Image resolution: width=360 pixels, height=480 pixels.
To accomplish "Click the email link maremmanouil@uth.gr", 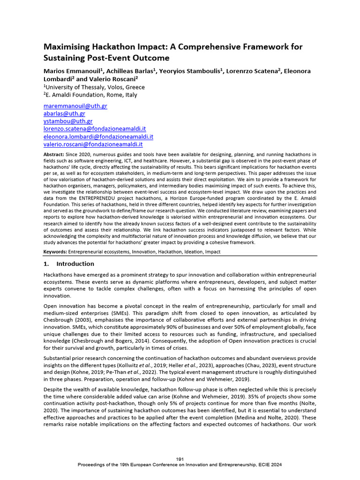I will point(75,106).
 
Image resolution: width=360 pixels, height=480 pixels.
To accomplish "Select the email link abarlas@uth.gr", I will point(64,113).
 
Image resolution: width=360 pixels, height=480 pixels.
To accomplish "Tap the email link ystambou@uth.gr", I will point(68,121).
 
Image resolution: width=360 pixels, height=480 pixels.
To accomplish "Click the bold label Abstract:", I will point(54,155).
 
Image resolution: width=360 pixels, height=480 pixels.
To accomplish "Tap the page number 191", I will point(180,458).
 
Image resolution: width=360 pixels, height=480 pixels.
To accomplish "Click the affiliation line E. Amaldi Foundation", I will point(91,95).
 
